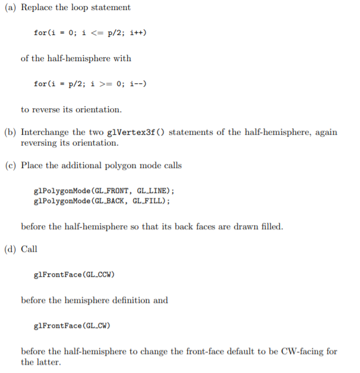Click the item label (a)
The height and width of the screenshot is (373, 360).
pos(10,7)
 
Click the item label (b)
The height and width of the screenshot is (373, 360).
pos(10,132)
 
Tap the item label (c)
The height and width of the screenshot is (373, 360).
pos(11,166)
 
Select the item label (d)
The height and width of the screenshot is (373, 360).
pos(10,249)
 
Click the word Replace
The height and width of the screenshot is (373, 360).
pos(37,8)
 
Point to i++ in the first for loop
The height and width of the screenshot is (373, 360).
pos(138,33)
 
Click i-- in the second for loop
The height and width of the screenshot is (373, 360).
pos(138,84)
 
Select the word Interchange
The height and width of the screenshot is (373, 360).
pos(45,132)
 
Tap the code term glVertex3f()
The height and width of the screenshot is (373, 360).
pos(135,132)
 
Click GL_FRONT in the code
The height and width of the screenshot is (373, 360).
pos(112,191)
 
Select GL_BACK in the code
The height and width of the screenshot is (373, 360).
pos(109,201)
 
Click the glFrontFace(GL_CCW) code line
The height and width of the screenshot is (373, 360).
pos(74,275)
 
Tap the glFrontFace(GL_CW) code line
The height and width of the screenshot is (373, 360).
pos(72,325)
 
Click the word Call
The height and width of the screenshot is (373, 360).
pos(29,249)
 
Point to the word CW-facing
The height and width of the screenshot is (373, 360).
pos(302,352)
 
